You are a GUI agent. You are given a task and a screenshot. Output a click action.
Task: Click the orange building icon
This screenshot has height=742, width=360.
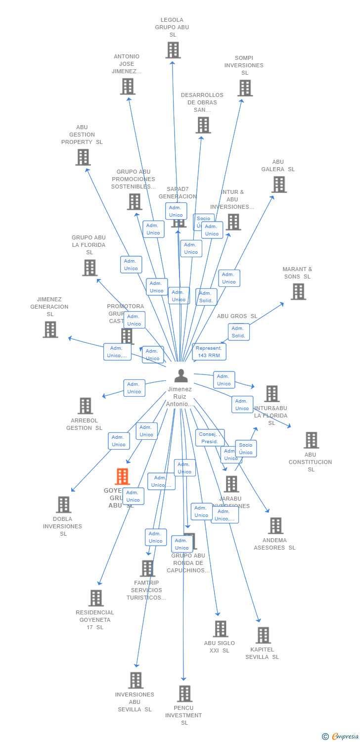122,476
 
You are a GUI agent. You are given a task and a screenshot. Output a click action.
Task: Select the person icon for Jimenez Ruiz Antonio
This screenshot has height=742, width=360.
181,376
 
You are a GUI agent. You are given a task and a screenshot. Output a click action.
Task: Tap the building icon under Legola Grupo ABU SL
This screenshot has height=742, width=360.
173,50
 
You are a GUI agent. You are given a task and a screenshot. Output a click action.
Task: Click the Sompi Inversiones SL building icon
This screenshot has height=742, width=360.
245,88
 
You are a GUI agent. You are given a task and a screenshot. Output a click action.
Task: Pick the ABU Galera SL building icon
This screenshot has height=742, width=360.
279,185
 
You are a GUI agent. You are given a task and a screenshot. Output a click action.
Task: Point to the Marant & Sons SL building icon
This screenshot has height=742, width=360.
298,292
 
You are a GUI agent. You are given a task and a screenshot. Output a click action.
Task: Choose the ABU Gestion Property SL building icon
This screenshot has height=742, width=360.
83,157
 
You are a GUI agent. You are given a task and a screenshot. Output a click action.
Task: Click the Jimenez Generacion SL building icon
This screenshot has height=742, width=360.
50,329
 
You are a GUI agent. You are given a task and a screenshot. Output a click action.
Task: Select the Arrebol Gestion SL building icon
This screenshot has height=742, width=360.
85,406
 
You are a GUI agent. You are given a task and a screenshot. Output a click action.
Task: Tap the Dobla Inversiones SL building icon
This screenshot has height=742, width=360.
63,505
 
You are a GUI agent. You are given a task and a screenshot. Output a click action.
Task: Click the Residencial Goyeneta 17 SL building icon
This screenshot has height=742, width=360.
96,598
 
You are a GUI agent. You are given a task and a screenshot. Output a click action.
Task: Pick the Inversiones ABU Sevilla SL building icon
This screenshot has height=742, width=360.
135,680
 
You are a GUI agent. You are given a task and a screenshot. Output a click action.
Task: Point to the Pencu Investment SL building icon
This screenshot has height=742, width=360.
184,694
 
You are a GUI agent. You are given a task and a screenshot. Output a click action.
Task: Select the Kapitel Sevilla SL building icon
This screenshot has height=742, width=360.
263,635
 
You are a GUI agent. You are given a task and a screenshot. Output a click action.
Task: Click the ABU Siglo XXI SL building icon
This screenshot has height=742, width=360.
220,629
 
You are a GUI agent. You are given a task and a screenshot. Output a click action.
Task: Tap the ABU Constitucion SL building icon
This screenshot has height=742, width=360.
311,440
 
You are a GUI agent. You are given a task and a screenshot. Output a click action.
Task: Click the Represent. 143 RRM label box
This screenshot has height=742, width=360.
209,352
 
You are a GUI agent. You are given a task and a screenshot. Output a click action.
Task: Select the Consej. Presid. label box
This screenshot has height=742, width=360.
210,438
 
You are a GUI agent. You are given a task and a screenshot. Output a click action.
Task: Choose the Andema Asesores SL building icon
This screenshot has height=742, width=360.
275,526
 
